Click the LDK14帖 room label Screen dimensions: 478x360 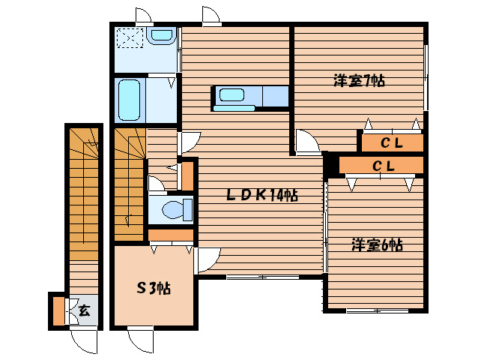262,195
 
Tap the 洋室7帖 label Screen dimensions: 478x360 359,81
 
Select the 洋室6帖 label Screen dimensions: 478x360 377,244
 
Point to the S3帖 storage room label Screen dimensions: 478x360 154,288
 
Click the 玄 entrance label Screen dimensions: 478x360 84,310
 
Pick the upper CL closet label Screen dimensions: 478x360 392,142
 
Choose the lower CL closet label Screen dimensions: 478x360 384,166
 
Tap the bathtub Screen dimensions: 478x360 130,100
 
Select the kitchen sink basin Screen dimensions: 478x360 232,95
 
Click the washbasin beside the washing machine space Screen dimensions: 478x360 161,35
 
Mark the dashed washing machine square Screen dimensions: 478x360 130,37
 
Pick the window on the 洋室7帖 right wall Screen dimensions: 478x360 426,77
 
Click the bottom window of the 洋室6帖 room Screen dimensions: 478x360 378,311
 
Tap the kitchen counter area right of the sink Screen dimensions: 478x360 276,96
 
